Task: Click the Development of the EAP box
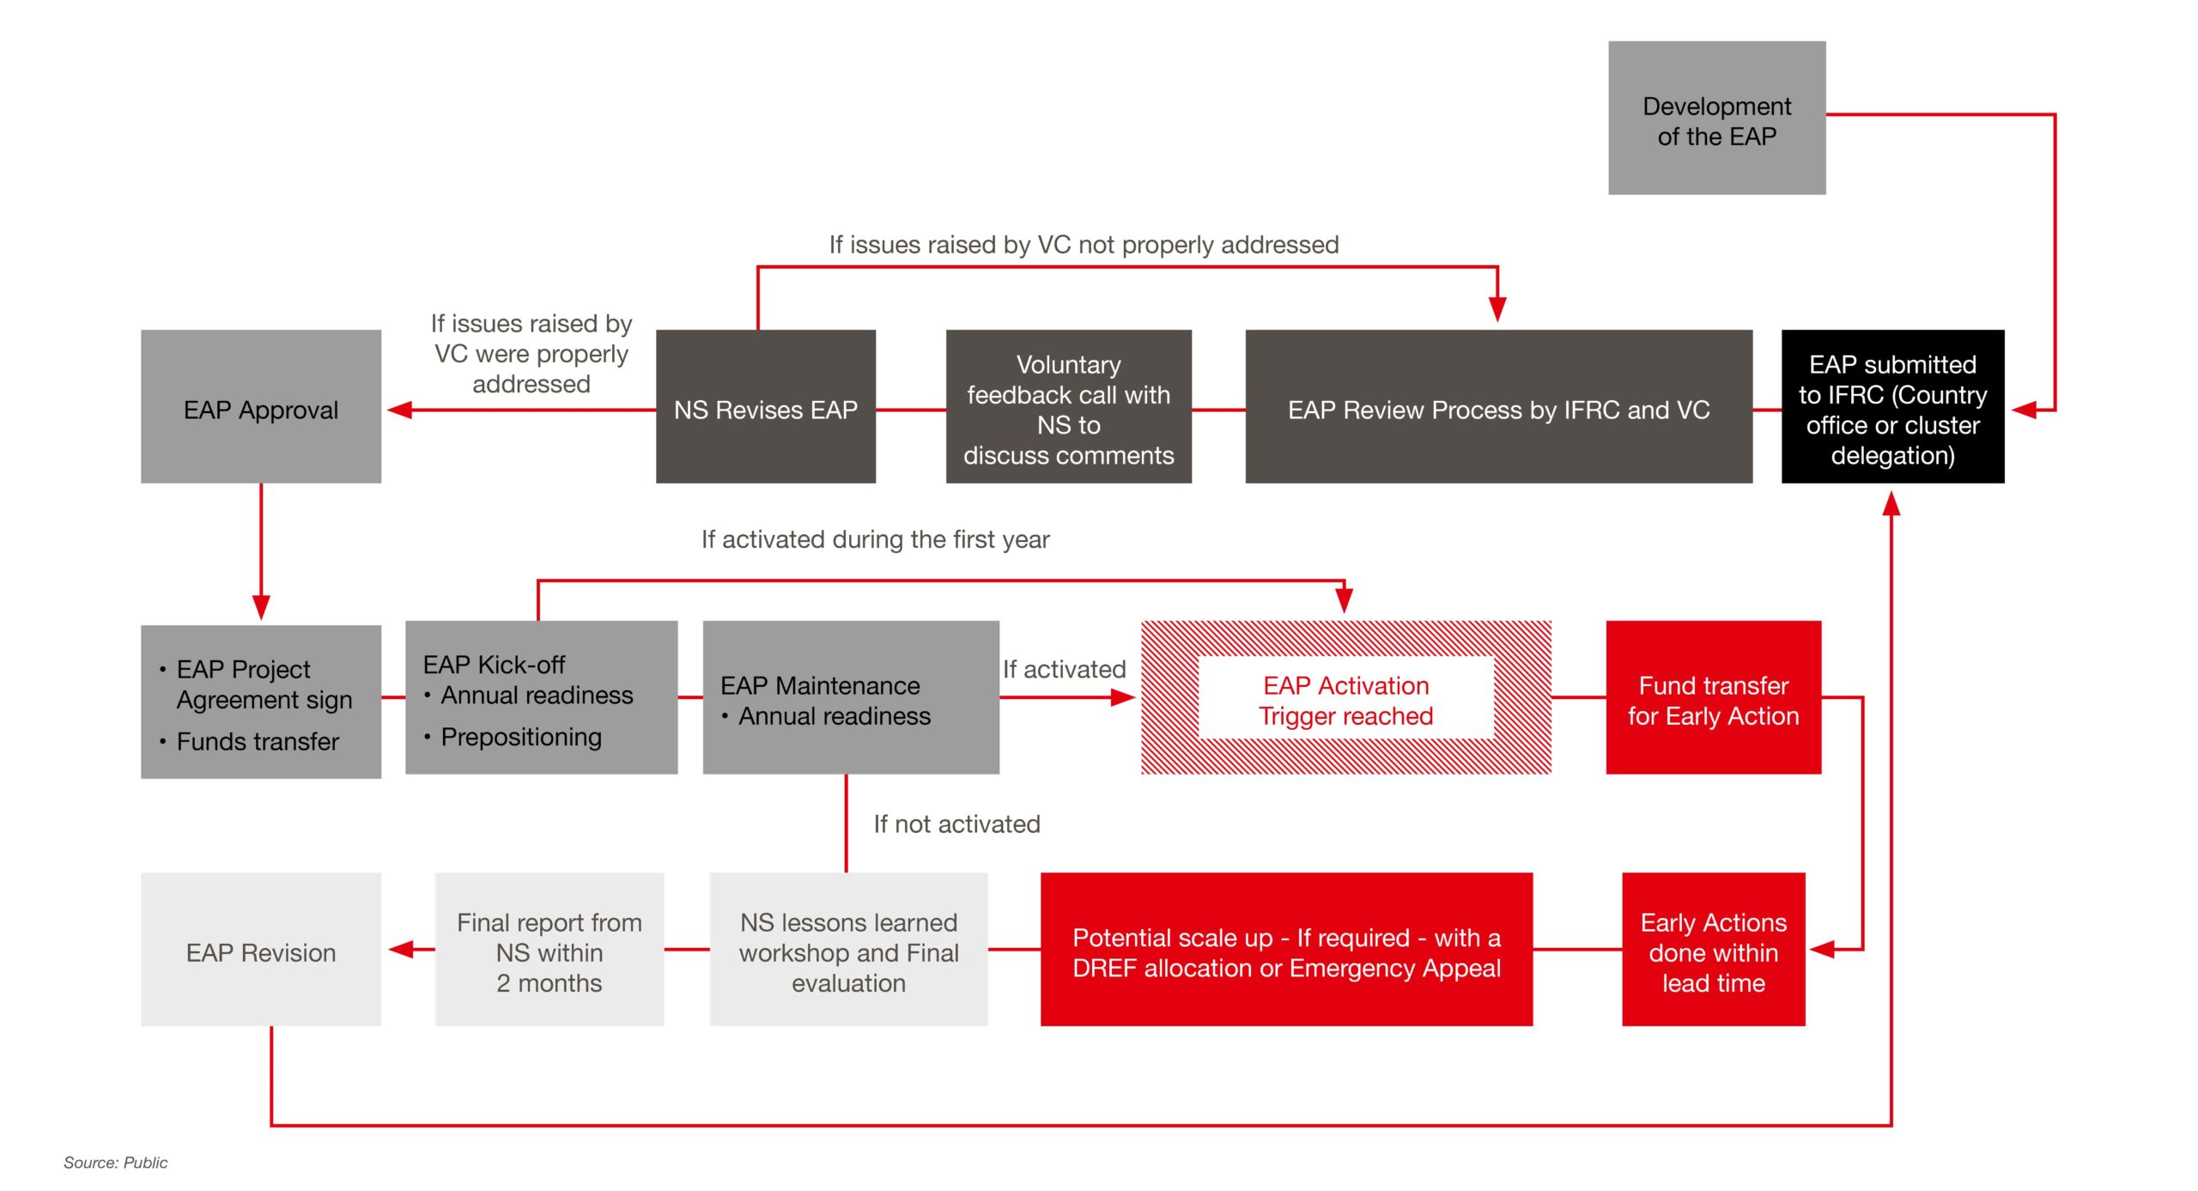[1716, 118]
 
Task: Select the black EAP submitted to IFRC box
[1892, 406]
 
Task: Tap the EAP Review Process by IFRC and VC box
[1498, 406]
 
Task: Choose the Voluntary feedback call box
[1068, 406]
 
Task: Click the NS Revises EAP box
[766, 406]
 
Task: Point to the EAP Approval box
[261, 406]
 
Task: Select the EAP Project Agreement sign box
[261, 702]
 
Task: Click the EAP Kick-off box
[541, 697]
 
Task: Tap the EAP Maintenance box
[851, 697]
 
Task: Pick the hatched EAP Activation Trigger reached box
[1345, 697]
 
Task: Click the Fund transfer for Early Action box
[1713, 697]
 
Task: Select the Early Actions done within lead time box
[1713, 949]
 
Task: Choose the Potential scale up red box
[1286, 949]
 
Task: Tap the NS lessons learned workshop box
[848, 949]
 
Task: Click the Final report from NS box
[549, 949]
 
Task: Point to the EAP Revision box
[261, 949]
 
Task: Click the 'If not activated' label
[956, 824]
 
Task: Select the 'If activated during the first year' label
[875, 539]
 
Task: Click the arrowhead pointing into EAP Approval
[399, 410]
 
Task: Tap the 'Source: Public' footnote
[116, 1163]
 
